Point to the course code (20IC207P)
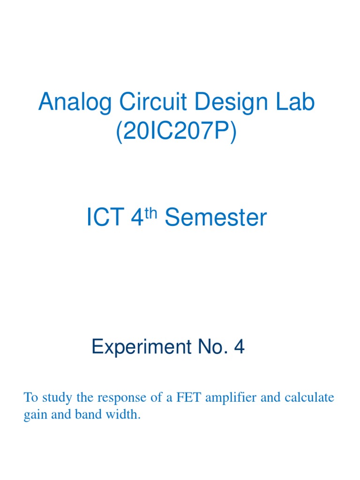click(177, 134)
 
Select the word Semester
click(216, 218)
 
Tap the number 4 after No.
click(239, 348)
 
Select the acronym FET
click(187, 398)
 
